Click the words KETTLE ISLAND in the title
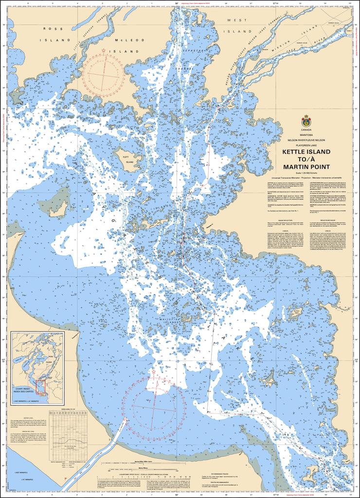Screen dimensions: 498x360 point(306,152)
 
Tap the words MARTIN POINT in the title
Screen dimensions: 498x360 point(306,167)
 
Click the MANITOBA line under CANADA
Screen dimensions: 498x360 point(306,135)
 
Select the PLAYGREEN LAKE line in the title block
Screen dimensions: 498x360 point(306,144)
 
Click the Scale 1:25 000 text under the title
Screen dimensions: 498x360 point(306,173)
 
